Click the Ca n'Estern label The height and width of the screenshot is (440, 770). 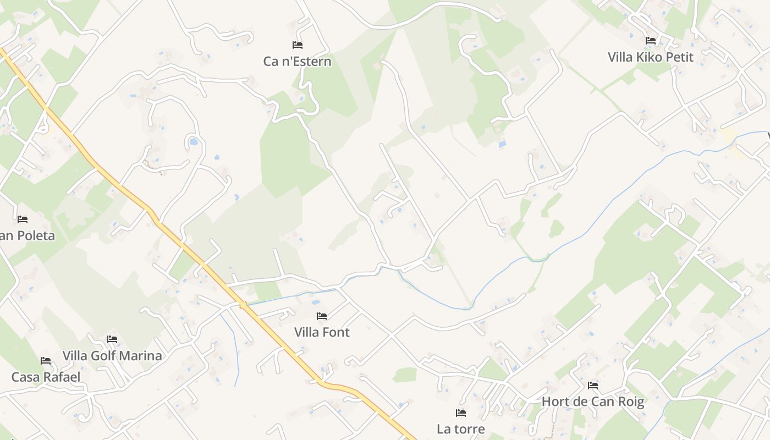297,61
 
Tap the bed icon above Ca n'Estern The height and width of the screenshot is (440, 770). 298,45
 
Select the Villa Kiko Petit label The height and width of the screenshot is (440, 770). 651,57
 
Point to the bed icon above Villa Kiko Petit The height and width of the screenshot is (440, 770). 651,40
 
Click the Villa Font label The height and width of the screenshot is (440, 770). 322,332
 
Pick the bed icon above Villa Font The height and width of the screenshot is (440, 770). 322,316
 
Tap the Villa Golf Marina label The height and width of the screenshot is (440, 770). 112,356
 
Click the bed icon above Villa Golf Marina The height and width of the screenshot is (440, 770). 112,339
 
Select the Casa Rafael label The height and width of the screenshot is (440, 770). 46,377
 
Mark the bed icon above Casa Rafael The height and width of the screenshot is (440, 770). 46,361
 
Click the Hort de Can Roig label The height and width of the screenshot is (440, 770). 592,402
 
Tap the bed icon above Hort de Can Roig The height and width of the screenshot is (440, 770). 592,385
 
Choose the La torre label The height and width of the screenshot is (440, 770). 461,429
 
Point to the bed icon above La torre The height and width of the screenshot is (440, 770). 461,413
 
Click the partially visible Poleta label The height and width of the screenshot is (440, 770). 28,236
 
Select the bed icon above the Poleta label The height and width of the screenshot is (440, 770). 23,219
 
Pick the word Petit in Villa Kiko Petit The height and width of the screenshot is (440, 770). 679,57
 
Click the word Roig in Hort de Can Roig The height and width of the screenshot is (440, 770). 631,402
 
